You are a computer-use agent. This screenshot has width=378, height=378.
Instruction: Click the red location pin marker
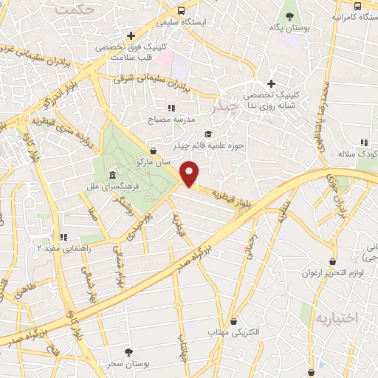tap(190, 173)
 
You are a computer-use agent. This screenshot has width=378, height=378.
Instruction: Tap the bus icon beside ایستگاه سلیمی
tap(182, 10)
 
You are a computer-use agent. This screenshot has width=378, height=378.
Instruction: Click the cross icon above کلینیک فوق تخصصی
tap(131, 35)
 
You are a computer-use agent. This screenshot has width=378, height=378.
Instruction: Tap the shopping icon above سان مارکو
tap(152, 150)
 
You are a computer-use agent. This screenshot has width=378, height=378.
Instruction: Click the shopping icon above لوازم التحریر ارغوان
tap(333, 261)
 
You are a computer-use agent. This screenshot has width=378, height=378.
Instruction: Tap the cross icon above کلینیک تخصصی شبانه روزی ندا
tap(271, 83)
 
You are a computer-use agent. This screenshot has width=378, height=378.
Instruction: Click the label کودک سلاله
tap(357, 154)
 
